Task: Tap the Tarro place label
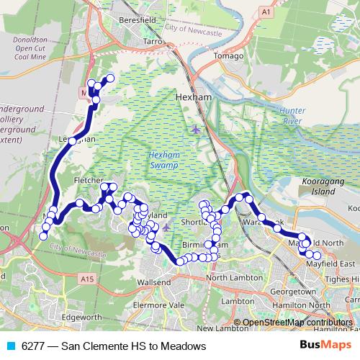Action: [153, 42]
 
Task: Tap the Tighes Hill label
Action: [341, 279]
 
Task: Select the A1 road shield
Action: [266, 12]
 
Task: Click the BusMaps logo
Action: [330, 346]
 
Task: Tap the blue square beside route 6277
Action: [10, 346]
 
